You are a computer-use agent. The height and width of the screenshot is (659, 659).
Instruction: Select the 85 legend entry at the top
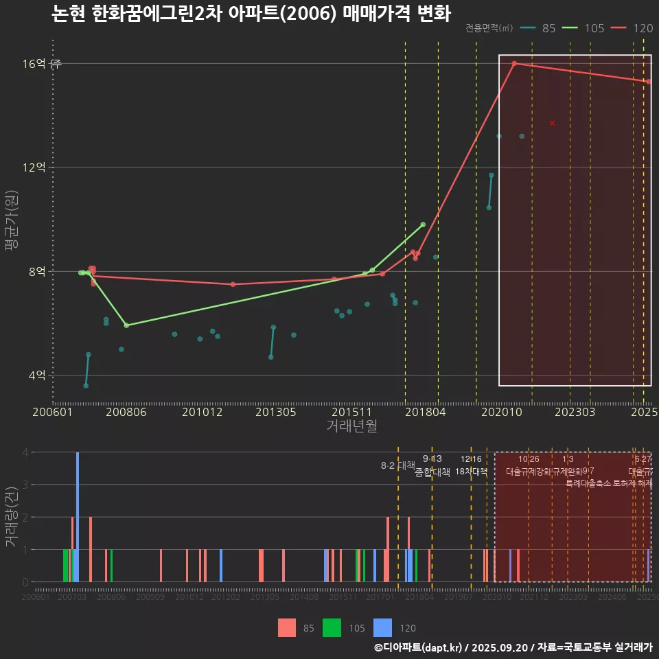pyautogui.click(x=540, y=28)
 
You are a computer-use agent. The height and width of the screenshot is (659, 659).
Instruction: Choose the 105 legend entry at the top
pyautogui.click(x=584, y=28)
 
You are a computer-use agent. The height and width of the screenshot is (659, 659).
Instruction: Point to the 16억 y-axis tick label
pyautogui.click(x=34, y=64)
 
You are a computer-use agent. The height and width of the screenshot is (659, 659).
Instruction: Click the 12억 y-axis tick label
pyautogui.click(x=34, y=167)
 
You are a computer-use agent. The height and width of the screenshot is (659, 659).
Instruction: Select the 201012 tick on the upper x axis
pyautogui.click(x=200, y=412)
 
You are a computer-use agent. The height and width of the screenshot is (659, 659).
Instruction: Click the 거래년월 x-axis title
pyautogui.click(x=351, y=426)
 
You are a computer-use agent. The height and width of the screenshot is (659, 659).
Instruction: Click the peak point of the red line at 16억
pyautogui.click(x=514, y=63)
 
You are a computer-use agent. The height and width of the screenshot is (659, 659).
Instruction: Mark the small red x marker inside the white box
pyautogui.click(x=552, y=123)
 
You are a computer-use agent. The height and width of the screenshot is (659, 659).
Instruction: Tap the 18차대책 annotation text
pyautogui.click(x=471, y=472)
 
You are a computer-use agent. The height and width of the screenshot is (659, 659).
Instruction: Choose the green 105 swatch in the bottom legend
pyautogui.click(x=333, y=627)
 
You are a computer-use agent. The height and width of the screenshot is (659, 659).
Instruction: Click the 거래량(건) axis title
pyautogui.click(x=11, y=517)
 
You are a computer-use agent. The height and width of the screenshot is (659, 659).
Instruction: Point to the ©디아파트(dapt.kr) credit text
pyautogui.click(x=419, y=647)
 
